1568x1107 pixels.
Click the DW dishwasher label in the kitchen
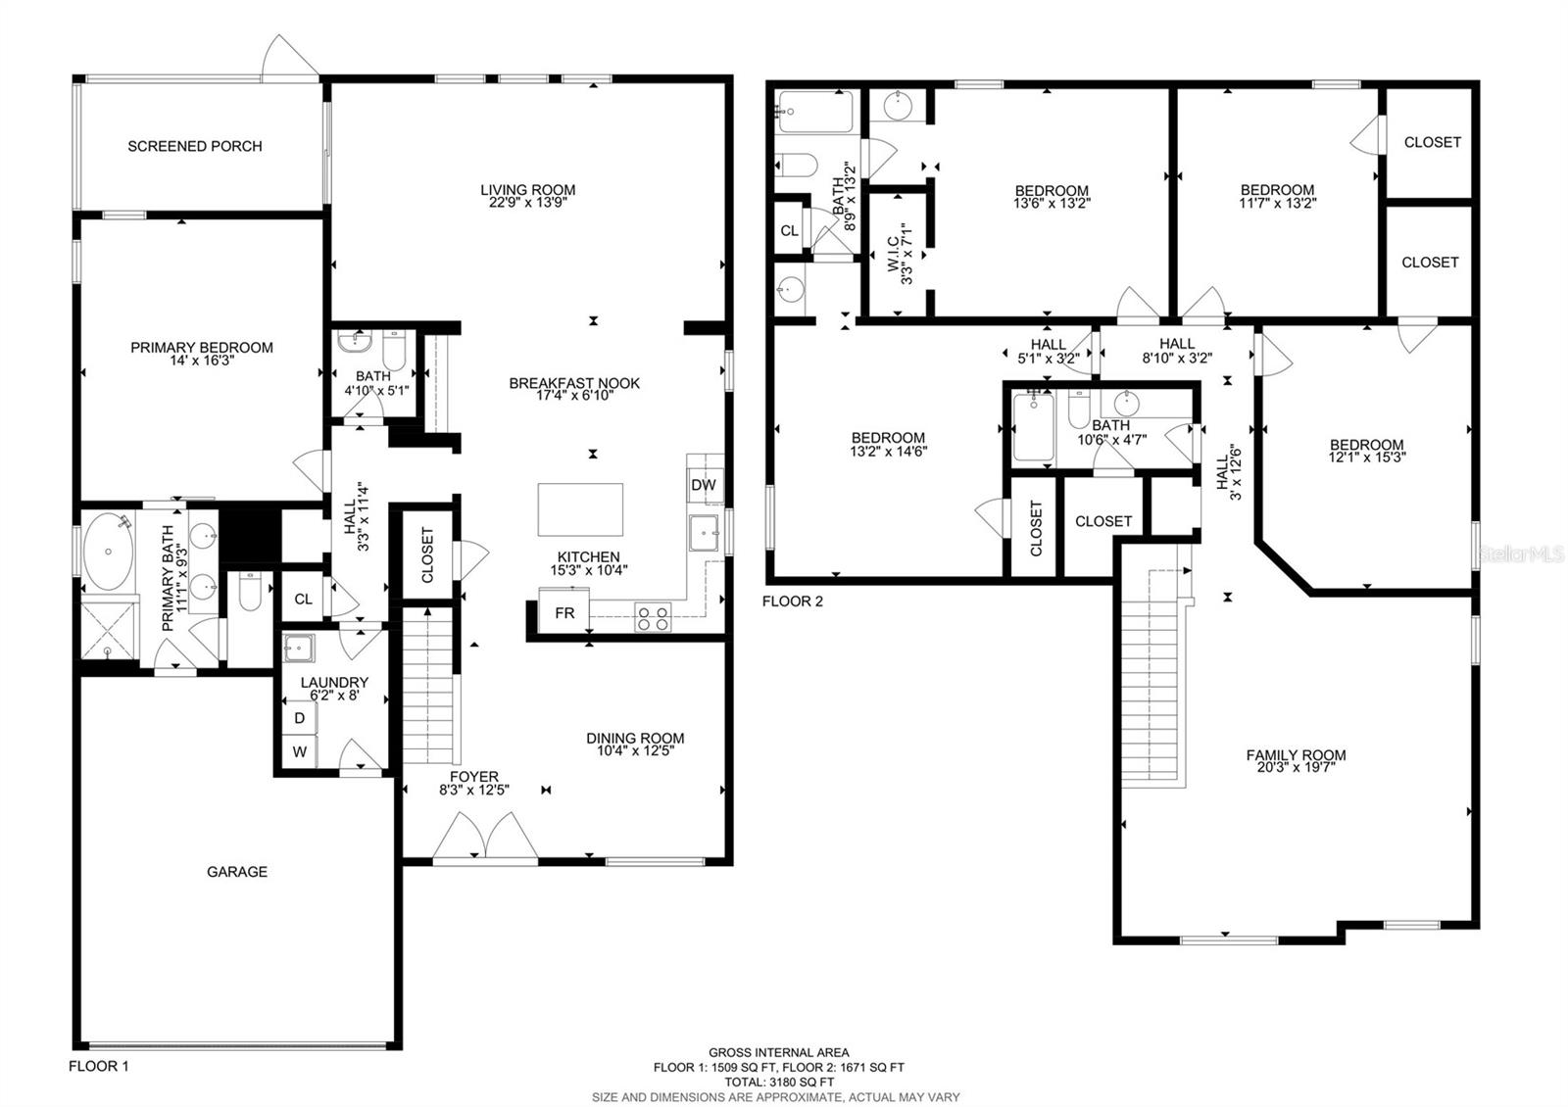click(703, 485)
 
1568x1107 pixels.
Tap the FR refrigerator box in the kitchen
click(564, 613)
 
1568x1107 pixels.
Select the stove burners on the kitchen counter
click(653, 618)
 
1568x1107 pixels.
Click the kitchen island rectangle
click(580, 509)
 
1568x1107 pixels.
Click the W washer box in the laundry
click(300, 752)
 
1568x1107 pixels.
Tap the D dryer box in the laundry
click(300, 718)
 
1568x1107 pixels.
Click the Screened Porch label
click(195, 146)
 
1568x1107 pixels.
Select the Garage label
click(237, 871)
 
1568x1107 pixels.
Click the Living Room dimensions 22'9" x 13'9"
click(528, 203)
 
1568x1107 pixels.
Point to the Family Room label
click(1296, 754)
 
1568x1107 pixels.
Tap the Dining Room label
click(635, 738)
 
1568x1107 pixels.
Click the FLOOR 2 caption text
click(793, 601)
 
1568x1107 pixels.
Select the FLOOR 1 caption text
click(98, 1066)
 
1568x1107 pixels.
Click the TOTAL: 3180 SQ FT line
click(779, 1082)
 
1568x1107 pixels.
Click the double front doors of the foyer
click(485, 841)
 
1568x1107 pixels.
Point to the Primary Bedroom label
click(202, 347)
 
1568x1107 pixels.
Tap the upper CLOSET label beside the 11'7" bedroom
click(1432, 142)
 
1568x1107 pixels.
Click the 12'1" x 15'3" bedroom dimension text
click(1366, 457)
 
